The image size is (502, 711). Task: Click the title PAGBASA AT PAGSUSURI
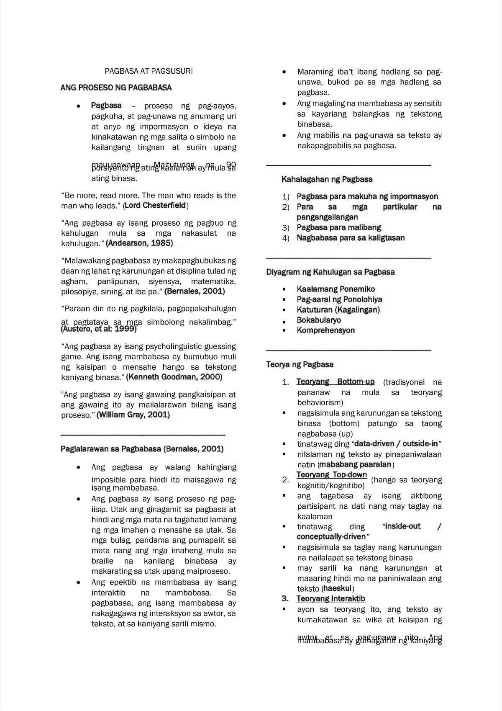pyautogui.click(x=149, y=71)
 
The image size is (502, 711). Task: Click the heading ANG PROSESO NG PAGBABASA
pyautogui.click(x=116, y=88)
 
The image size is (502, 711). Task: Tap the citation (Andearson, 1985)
pyautogui.click(x=139, y=243)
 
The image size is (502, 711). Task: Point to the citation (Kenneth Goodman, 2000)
pyautogui.click(x=174, y=377)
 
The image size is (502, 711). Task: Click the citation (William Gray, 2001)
pyautogui.click(x=133, y=415)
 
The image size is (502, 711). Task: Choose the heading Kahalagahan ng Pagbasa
pyautogui.click(x=327, y=180)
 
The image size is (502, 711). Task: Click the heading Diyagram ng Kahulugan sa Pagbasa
pyautogui.click(x=330, y=272)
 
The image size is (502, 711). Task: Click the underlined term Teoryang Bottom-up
pyautogui.click(x=336, y=382)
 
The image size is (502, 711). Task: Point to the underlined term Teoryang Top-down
pyautogui.click(x=332, y=475)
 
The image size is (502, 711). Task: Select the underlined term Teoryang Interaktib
pyautogui.click(x=331, y=599)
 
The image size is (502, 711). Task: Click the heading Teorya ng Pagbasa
pyautogui.click(x=300, y=365)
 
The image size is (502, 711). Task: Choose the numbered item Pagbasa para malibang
pyautogui.click(x=339, y=228)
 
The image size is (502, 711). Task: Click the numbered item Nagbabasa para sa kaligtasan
pyautogui.click(x=351, y=238)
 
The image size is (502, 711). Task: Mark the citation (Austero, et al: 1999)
pyautogui.click(x=99, y=329)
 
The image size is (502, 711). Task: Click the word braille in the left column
pyautogui.click(x=102, y=561)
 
